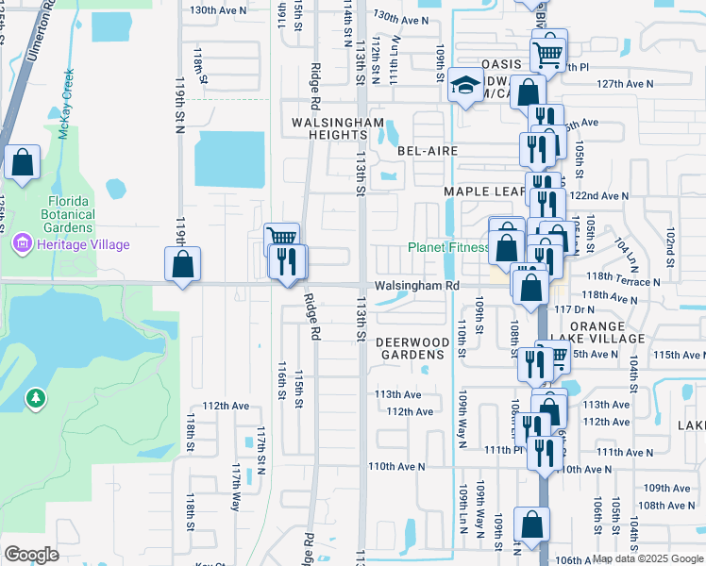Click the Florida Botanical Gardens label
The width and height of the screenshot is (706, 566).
71,214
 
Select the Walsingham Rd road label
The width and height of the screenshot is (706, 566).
416,285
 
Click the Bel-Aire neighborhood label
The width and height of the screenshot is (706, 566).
427,151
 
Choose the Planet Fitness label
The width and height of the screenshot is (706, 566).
448,248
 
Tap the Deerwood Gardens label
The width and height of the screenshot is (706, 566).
411,348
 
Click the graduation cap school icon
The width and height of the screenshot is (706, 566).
464,88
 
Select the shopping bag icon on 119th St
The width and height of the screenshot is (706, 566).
182,264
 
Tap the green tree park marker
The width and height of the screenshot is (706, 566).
36,399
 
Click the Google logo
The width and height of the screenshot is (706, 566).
31,555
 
